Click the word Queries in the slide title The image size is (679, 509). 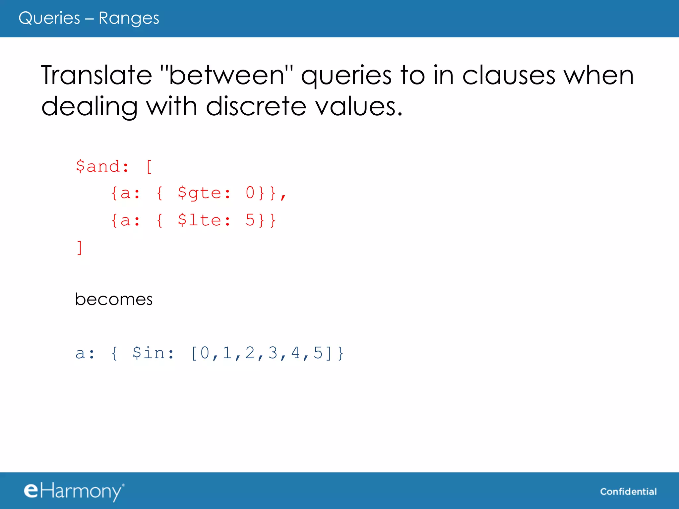(x=49, y=18)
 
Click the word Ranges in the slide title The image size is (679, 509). (x=129, y=18)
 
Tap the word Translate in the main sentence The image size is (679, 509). (x=96, y=75)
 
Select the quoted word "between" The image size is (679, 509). (x=226, y=75)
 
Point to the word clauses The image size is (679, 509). (x=508, y=75)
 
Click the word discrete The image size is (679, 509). (x=256, y=106)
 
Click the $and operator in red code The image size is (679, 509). (x=98, y=166)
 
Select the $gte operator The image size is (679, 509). (x=199, y=193)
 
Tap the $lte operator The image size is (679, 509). (x=199, y=220)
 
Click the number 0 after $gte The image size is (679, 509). (x=250, y=193)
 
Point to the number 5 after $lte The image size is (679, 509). (x=250, y=220)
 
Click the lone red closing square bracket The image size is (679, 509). (x=80, y=248)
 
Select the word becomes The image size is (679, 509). (x=114, y=299)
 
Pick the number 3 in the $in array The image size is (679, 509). (x=273, y=353)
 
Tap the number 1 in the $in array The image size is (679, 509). (x=227, y=353)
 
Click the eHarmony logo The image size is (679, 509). (x=74, y=491)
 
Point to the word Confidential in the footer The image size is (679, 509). (x=628, y=491)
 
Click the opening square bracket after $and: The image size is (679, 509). (x=149, y=166)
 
